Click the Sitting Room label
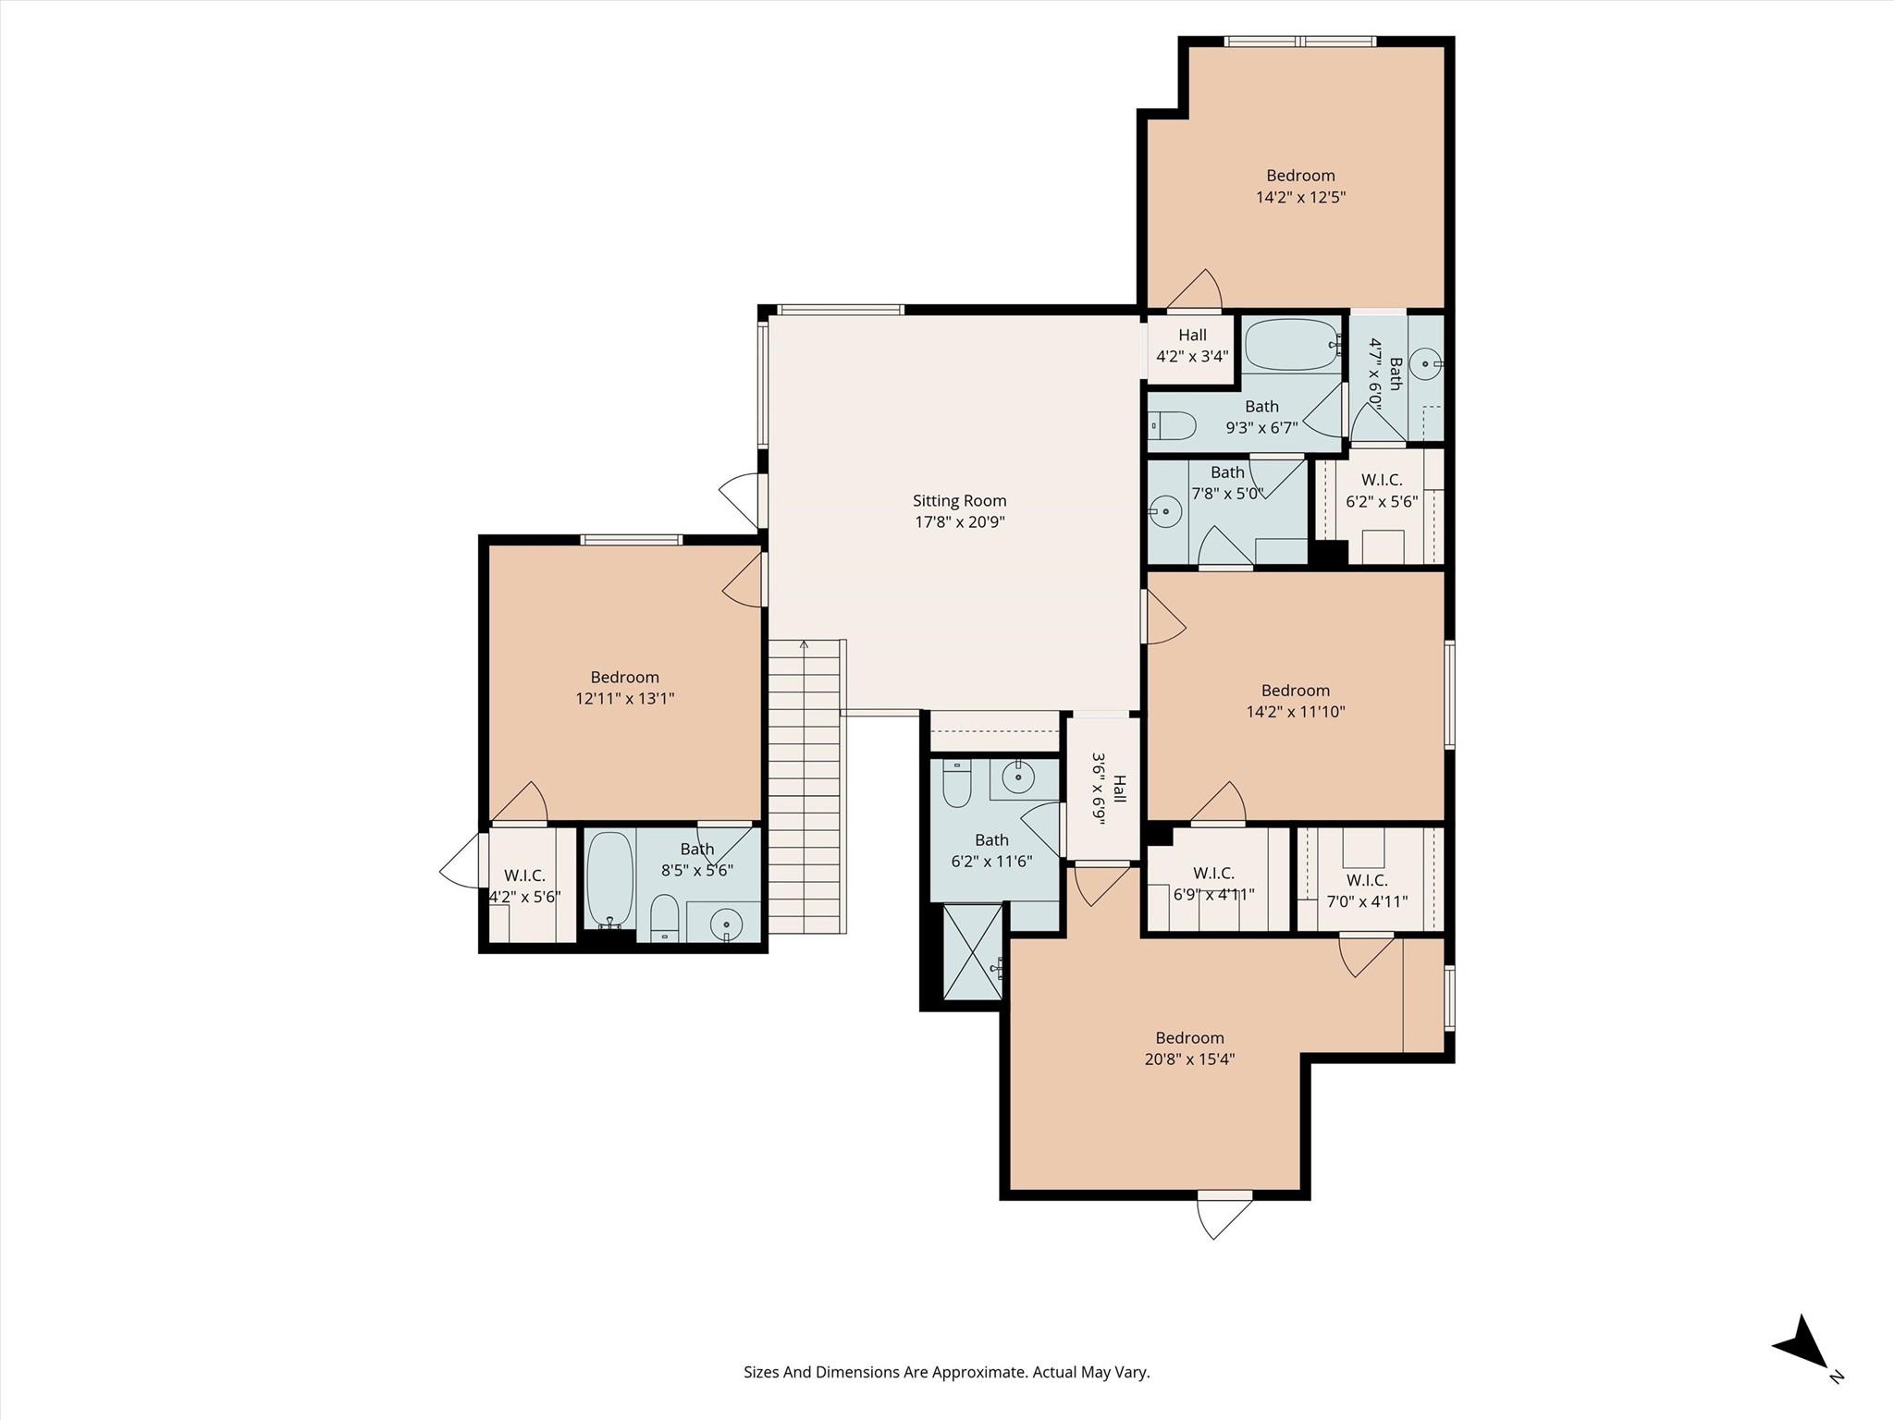point(959,501)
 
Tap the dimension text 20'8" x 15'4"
point(1189,1059)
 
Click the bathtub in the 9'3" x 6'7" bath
point(1291,345)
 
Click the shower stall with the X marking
point(972,952)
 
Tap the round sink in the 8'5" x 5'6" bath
point(727,924)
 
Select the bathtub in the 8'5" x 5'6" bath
point(609,878)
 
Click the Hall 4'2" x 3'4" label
point(1192,346)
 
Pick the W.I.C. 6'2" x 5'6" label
point(1382,491)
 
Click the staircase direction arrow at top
point(805,645)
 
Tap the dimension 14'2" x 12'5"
point(1300,197)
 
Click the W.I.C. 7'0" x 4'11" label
point(1367,890)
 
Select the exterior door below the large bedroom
point(1224,1213)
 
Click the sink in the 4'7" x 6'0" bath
point(1428,364)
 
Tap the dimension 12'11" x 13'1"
point(624,699)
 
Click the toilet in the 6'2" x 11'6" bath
point(956,786)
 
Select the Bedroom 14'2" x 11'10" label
point(1295,701)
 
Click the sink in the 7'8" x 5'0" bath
point(1165,510)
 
